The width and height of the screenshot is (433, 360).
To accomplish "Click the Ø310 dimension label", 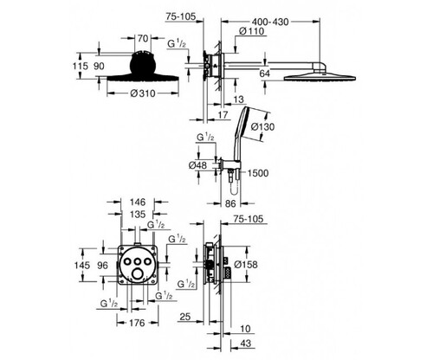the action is click(x=143, y=93).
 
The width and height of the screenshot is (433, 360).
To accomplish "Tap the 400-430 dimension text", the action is click(x=270, y=22).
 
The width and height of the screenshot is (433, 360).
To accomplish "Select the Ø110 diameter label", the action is click(x=252, y=31).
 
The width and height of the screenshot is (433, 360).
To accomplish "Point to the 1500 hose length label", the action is click(x=258, y=173).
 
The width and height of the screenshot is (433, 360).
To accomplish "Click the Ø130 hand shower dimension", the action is click(x=262, y=126).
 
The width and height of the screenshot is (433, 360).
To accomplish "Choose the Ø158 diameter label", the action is click(x=246, y=264).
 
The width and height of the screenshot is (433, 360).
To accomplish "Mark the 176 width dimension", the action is click(x=137, y=323).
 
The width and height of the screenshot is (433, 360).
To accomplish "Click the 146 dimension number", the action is click(x=138, y=202).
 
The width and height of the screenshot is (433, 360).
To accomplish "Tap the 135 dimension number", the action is click(x=138, y=215).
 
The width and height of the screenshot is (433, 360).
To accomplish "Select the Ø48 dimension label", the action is click(x=197, y=165).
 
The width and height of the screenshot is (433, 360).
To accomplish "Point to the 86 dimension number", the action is click(x=230, y=203).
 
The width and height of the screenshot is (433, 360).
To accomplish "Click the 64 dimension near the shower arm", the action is click(x=265, y=74).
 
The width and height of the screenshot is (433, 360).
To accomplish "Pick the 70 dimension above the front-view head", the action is click(x=143, y=38).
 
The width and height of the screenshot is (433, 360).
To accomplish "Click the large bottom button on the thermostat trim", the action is click(x=137, y=272).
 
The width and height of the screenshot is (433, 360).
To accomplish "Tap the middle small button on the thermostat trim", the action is click(x=137, y=260).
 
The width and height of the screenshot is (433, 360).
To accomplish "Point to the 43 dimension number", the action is click(x=245, y=344).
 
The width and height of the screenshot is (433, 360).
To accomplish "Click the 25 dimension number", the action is click(x=185, y=317).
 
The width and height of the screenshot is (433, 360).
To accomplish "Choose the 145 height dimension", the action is click(x=82, y=265).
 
